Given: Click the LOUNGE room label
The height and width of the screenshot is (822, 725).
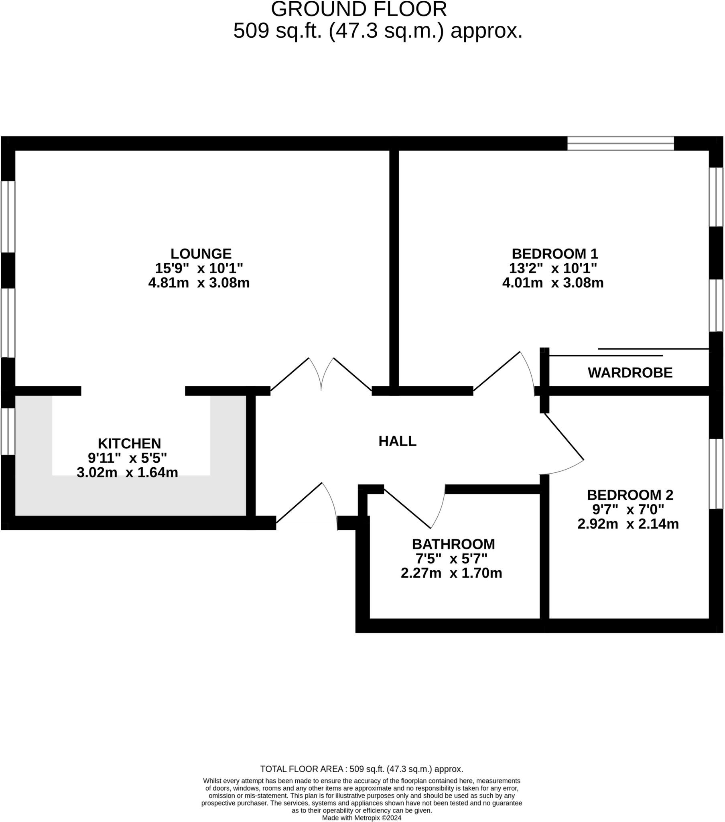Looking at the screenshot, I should [201, 254].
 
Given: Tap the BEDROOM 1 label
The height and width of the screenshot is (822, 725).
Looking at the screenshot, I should [554, 254].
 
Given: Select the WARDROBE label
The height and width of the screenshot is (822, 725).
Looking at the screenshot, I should [630, 373].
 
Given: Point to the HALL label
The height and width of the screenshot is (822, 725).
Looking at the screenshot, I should [397, 441].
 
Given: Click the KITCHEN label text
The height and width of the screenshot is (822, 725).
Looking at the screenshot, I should [129, 444].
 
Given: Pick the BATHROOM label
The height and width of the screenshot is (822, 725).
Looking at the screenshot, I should [453, 544].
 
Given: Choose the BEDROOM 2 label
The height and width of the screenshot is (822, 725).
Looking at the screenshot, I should [630, 494].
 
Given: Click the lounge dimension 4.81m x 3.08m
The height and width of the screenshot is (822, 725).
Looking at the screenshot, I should [199, 283].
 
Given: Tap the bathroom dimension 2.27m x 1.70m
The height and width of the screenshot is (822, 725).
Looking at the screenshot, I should [451, 573].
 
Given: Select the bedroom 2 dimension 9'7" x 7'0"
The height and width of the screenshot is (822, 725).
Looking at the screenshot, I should [628, 509].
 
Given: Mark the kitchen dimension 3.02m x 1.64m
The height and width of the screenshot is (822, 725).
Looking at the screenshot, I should [127, 472].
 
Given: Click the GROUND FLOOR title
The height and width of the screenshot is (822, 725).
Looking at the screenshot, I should [359, 9].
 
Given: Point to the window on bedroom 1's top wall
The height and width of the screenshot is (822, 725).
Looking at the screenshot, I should [620, 144].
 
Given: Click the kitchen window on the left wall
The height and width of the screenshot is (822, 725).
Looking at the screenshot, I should [8, 431].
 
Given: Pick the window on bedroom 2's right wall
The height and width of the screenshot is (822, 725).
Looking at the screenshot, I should [716, 474].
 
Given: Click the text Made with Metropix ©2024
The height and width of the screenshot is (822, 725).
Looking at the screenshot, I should [361, 818].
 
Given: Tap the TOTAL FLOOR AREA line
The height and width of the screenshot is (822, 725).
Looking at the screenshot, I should [361, 769].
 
